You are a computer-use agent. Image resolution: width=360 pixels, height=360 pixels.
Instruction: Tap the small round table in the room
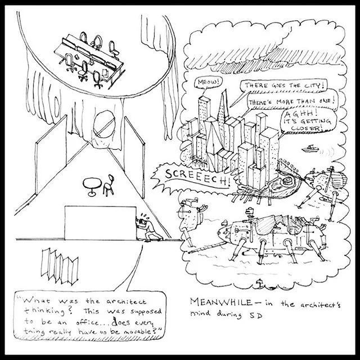91,186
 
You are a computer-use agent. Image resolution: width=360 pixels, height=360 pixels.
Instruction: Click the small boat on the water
309,149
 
